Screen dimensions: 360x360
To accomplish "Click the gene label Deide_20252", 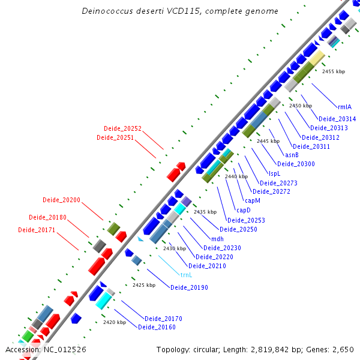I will (122, 128).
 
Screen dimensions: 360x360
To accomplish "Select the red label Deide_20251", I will (115, 138).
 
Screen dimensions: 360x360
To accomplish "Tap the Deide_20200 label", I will (61, 200).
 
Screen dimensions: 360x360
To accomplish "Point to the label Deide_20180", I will (47, 217).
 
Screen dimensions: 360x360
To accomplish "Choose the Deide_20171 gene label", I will (37, 230).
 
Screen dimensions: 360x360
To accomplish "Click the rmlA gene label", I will (345, 107).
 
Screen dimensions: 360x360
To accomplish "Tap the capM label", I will (252, 200).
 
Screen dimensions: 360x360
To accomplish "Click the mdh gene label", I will (218, 238).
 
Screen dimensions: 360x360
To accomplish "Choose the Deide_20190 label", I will (189, 287).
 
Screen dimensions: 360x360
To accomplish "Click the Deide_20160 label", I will (157, 327).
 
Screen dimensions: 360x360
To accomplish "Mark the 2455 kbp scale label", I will (334, 71).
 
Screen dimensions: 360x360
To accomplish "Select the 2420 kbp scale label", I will (114, 322).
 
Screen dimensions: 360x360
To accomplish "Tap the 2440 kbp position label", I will (236, 176).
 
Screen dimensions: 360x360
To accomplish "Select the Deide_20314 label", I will (337, 119).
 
